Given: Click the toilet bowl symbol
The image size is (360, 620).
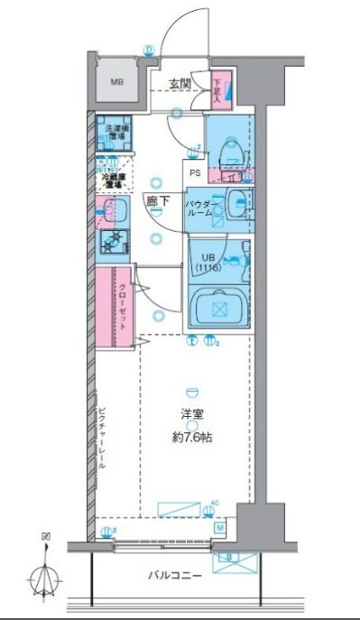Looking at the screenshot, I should pos(231,144).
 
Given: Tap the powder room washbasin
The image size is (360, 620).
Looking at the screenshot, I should pos(238,203).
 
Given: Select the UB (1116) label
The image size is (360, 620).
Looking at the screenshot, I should pos(208,261).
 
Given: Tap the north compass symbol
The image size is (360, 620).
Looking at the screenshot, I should pos(45,569).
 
